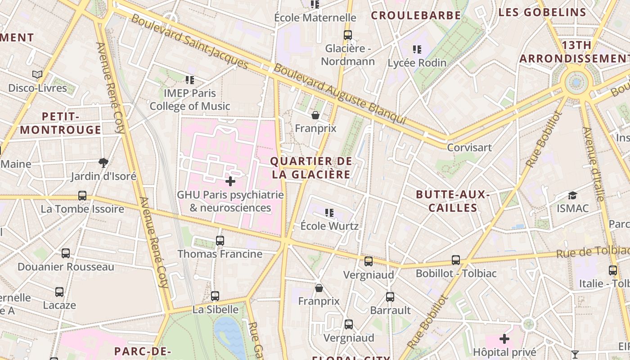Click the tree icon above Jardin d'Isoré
[x=103, y=162]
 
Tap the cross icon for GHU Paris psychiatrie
[x=230, y=181]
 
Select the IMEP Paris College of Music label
[x=189, y=100]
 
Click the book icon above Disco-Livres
[x=37, y=74]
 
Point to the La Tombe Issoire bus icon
[x=82, y=196]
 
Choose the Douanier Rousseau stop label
[x=66, y=267]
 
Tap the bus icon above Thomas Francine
[x=220, y=240]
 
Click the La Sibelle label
[x=215, y=310]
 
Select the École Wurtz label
[x=329, y=226]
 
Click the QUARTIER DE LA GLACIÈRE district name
[x=311, y=168]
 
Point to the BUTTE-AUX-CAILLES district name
[x=452, y=201]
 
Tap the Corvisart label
[x=469, y=148]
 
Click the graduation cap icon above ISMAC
[x=572, y=195]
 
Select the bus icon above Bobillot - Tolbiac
[x=456, y=260]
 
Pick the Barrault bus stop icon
[x=390, y=297]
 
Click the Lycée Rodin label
[x=417, y=63]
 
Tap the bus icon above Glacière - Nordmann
[x=347, y=35]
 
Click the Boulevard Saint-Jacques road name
[x=190, y=43]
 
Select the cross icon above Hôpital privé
[x=504, y=338]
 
